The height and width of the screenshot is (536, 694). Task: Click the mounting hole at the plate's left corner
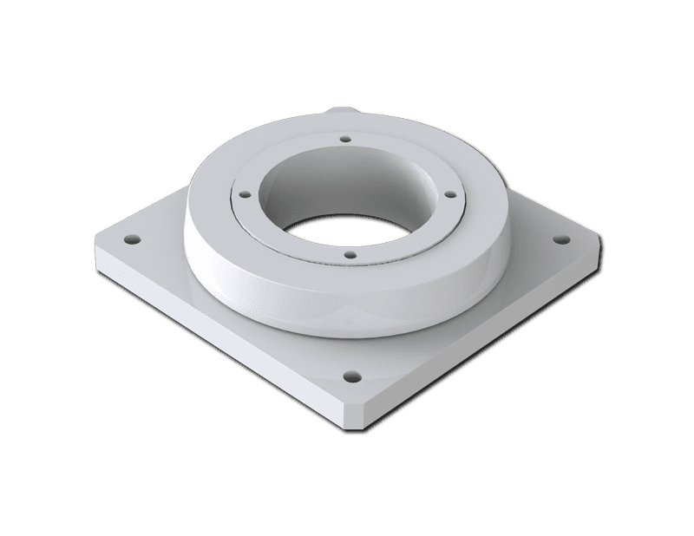131,237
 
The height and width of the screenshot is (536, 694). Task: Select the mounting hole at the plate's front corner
351,377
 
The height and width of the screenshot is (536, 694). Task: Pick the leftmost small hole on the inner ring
244,196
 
